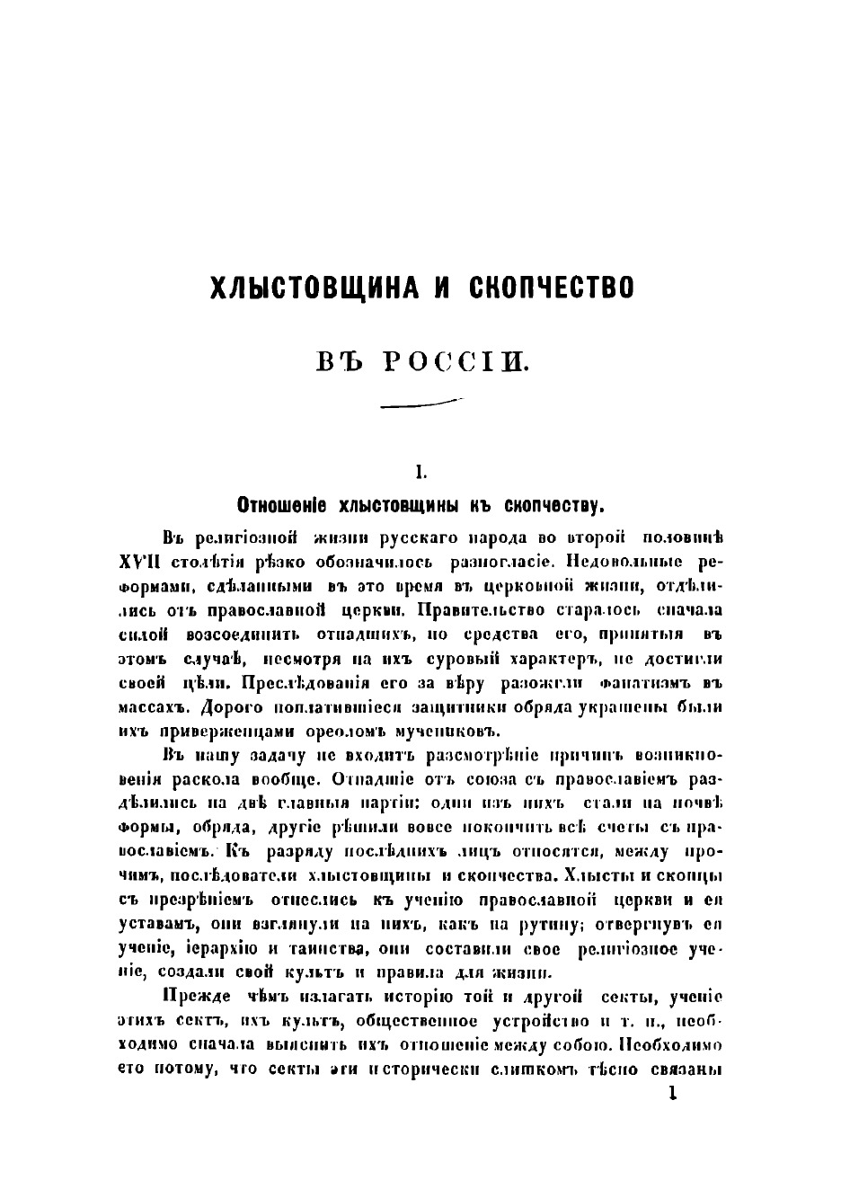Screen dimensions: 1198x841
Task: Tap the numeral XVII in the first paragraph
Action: (139, 562)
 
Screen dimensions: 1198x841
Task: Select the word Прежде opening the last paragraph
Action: (198, 998)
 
